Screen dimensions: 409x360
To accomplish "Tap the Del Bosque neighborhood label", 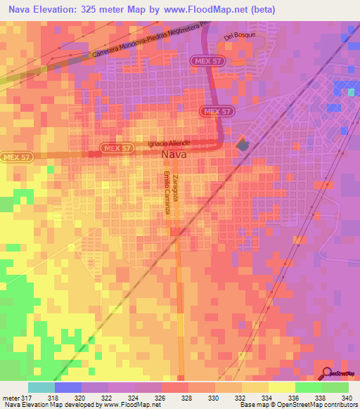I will pyautogui.click(x=238, y=35).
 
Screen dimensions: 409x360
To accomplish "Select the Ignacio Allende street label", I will pyautogui.click(x=171, y=143).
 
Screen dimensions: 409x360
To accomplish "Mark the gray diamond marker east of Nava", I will pyautogui.click(x=243, y=145).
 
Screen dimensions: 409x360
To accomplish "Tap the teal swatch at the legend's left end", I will pyautogui.click(x=41, y=387).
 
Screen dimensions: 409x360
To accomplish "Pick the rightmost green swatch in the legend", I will pyautogui.click(x=335, y=387).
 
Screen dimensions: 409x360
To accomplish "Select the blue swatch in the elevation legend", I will pyautogui.click(x=68, y=387).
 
